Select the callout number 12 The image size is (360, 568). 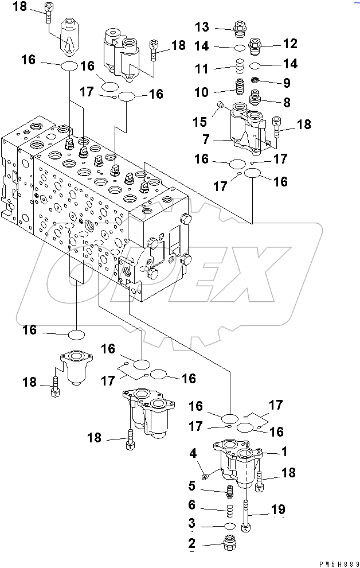tap(289, 43)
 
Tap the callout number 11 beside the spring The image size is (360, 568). tap(201, 69)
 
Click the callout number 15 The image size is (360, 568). tap(201, 122)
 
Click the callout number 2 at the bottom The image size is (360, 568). tap(191, 543)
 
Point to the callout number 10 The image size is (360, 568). tap(202, 92)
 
